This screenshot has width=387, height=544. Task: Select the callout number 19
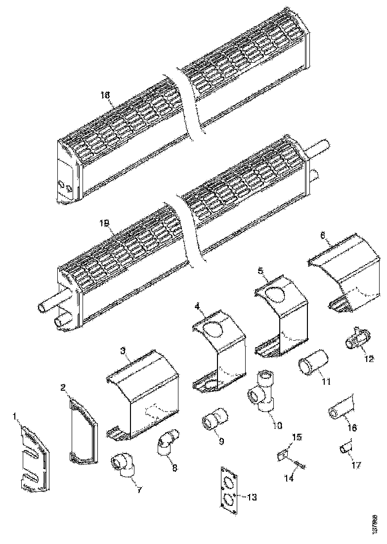[x=104, y=224]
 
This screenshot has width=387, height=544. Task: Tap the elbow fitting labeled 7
[x=124, y=467]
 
